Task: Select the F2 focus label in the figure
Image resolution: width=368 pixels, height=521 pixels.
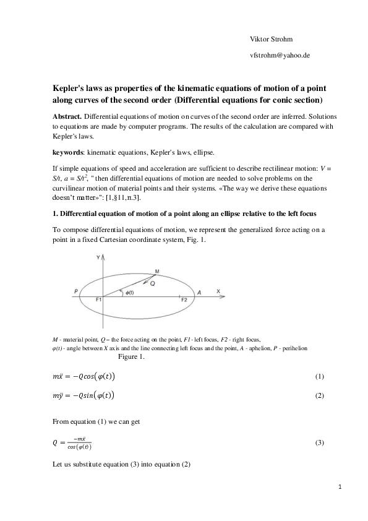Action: pyautogui.click(x=184, y=299)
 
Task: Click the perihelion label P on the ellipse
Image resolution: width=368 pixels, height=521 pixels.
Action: pyautogui.click(x=75, y=291)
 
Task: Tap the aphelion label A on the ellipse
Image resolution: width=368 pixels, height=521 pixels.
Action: pyautogui.click(x=199, y=291)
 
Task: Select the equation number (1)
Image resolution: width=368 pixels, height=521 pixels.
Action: pyautogui.click(x=319, y=376)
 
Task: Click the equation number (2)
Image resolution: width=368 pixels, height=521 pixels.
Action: pyautogui.click(x=319, y=395)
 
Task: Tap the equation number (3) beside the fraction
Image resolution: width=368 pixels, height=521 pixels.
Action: pyautogui.click(x=319, y=443)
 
